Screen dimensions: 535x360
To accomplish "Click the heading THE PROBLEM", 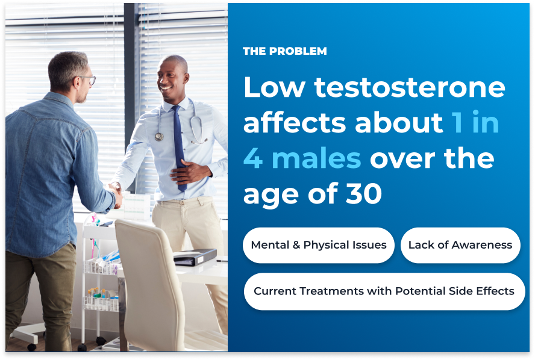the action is pyautogui.click(x=284, y=51).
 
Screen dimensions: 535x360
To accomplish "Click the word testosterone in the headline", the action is pyautogui.click(x=410, y=87).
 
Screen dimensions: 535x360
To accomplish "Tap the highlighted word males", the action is pyautogui.click(x=316, y=158).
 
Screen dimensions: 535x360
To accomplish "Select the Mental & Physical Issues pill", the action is pyautogui.click(x=318, y=245).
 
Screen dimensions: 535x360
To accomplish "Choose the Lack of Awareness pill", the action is pyautogui.click(x=460, y=245).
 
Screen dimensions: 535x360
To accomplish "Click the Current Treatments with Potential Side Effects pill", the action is pyautogui.click(x=384, y=291).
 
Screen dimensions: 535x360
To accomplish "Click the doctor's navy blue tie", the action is pyautogui.click(x=179, y=147).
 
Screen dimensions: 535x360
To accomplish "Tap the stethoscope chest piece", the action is pyautogui.click(x=159, y=137).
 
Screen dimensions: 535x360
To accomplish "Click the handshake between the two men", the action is pyautogui.click(x=117, y=195).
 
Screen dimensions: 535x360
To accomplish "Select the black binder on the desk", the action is pyautogui.click(x=195, y=257).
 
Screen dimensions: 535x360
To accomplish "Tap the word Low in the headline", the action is pyautogui.click(x=274, y=87).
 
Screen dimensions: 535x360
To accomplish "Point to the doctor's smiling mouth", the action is pyautogui.click(x=166, y=88).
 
